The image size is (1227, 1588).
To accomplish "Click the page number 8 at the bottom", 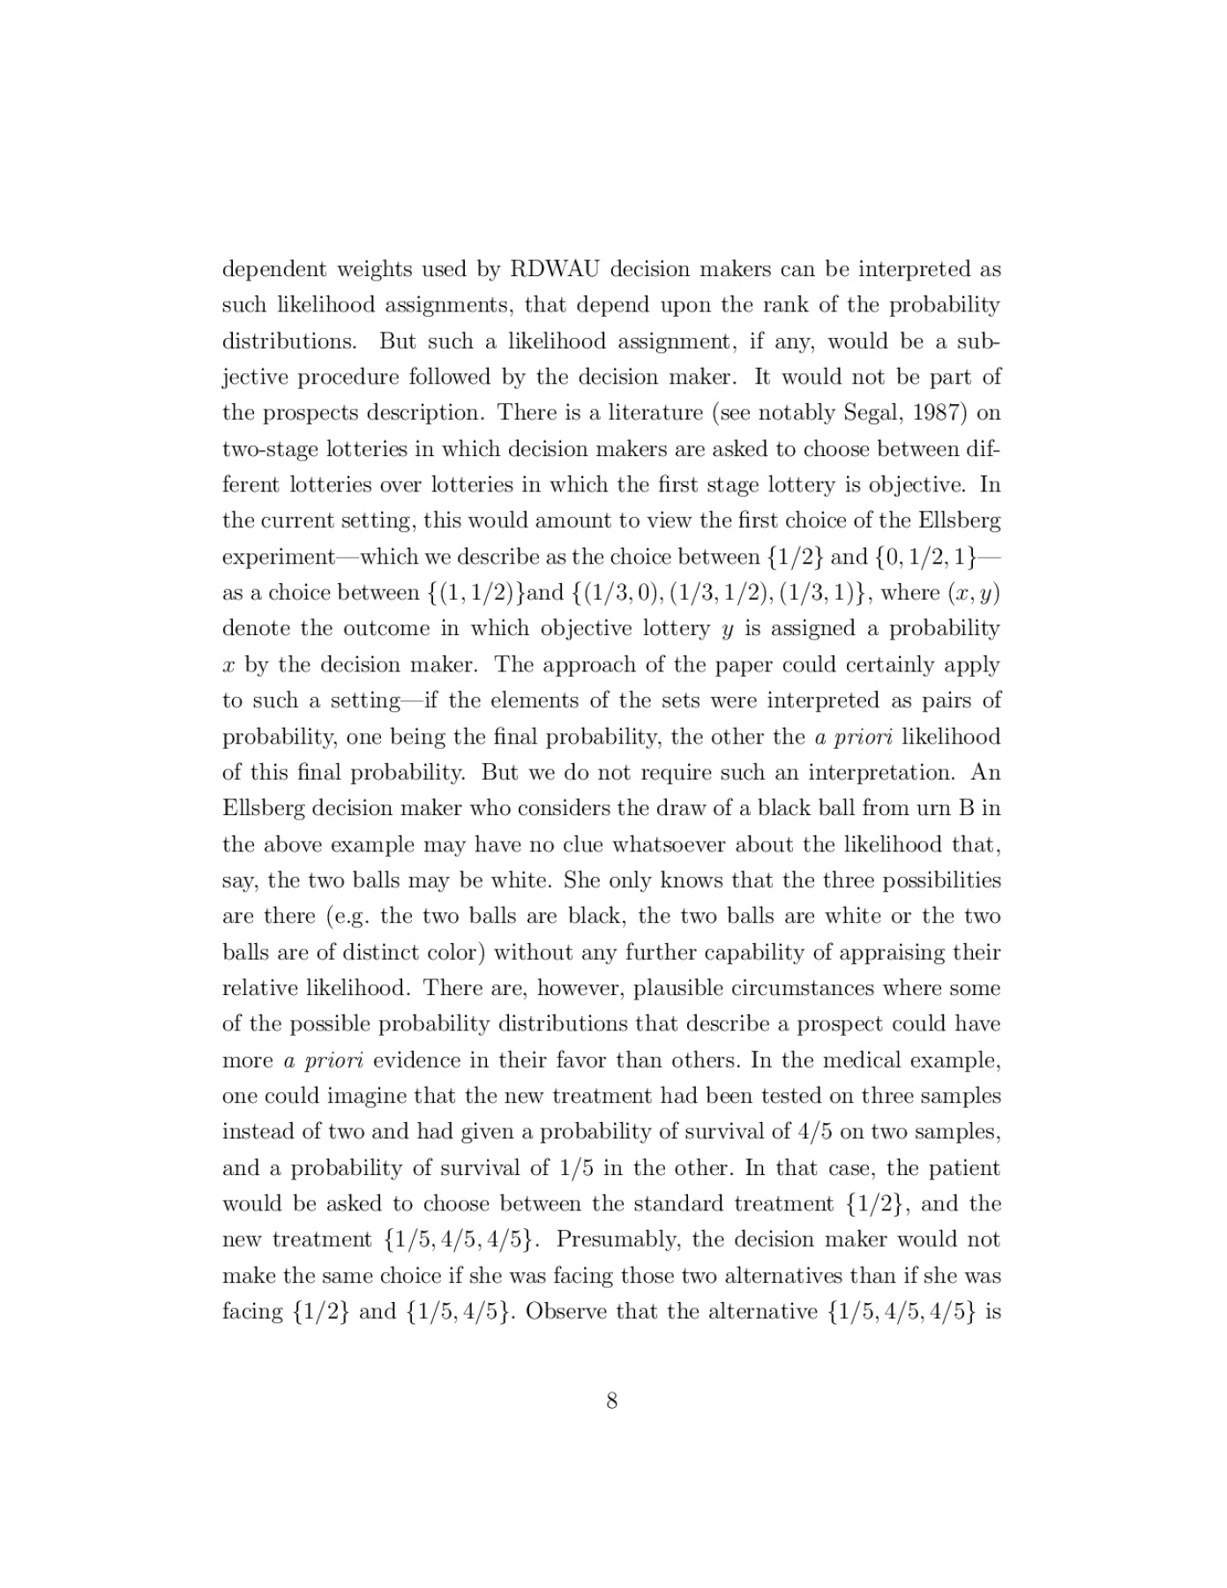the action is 612,1401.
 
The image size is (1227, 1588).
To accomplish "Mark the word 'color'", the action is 452,953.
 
